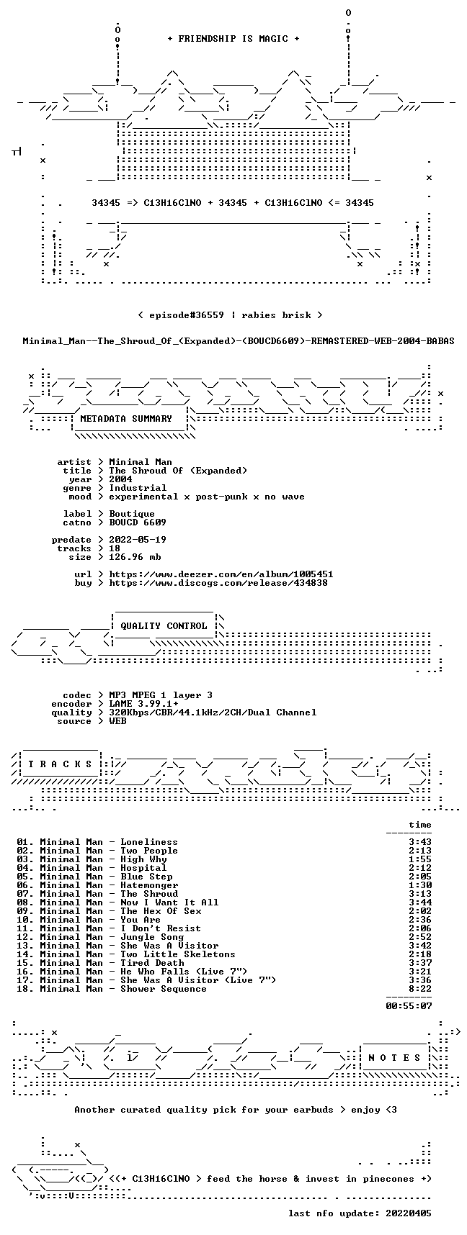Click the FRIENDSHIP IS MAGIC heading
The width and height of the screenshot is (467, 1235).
[233, 39]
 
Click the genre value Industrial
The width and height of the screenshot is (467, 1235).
[138, 488]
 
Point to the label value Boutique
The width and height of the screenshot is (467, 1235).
[132, 514]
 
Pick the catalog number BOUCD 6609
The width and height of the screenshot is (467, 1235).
[138, 522]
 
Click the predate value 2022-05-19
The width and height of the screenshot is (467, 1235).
[138, 540]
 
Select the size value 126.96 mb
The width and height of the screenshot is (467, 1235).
[135, 557]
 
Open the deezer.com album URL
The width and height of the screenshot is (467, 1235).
[221, 574]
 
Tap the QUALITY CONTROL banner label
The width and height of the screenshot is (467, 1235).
[164, 626]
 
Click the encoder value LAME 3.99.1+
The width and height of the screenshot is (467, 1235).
[143, 704]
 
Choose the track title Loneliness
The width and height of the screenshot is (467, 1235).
[149, 842]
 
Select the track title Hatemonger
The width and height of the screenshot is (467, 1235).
[149, 885]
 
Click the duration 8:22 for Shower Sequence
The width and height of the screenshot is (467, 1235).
[420, 989]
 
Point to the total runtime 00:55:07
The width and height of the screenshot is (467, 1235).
[409, 1006]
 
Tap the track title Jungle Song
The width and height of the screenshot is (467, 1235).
[152, 937]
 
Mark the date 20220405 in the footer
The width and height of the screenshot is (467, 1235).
[409, 1213]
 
